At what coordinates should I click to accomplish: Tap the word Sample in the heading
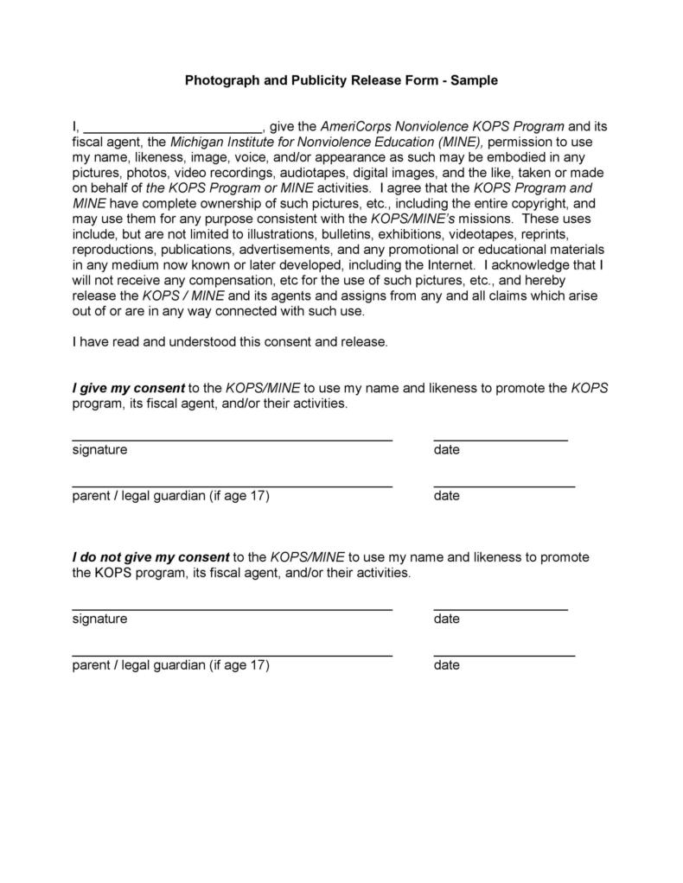point(476,80)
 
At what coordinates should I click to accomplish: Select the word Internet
point(451,265)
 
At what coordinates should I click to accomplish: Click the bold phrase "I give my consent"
point(128,388)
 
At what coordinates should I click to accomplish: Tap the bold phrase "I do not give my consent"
point(150,557)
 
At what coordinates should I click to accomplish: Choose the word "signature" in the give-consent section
point(99,450)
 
